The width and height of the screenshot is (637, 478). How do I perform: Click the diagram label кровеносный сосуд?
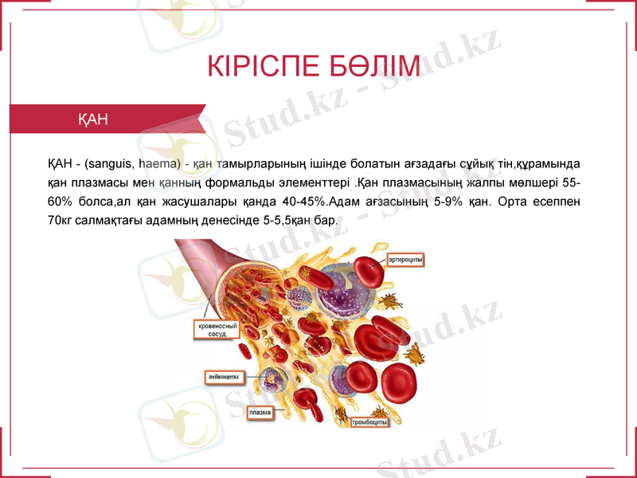(213, 330)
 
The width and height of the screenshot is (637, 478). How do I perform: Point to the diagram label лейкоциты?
(225, 376)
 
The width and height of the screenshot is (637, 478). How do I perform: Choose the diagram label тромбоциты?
(370, 422)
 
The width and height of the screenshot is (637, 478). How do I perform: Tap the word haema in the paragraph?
(157, 165)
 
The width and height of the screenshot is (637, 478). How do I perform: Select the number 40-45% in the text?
(305, 202)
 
